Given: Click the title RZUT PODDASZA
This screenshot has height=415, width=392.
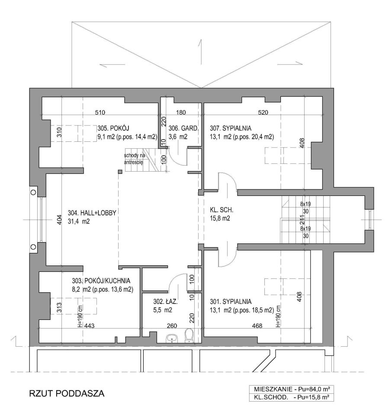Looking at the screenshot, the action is [x=67, y=393].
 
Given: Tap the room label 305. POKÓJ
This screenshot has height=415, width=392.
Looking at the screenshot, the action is [x=113, y=128].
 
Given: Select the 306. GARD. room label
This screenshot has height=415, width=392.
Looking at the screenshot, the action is [x=183, y=128].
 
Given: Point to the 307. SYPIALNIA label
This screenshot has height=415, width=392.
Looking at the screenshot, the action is [x=231, y=128].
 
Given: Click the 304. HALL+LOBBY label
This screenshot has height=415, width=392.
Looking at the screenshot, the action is [x=92, y=213].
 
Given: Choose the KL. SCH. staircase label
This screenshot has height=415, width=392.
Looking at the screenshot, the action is [x=222, y=210].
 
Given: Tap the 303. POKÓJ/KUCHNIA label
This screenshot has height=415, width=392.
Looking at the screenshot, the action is [x=101, y=281].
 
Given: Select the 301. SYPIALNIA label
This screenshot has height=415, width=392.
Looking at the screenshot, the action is [x=231, y=301].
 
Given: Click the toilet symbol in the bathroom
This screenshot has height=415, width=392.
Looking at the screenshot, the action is [x=189, y=335].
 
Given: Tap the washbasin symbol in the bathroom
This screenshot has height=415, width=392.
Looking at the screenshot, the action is [x=173, y=338].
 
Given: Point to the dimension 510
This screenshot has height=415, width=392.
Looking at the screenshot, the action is [x=100, y=112].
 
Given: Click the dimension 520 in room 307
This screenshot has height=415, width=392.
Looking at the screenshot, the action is [x=263, y=112].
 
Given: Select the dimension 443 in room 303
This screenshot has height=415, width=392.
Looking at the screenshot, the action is [x=89, y=326].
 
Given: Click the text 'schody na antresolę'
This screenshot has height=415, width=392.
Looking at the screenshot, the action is [x=134, y=159].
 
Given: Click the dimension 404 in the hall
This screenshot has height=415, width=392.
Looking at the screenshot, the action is [x=59, y=220].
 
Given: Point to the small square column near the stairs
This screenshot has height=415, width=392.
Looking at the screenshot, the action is [x=120, y=172].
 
